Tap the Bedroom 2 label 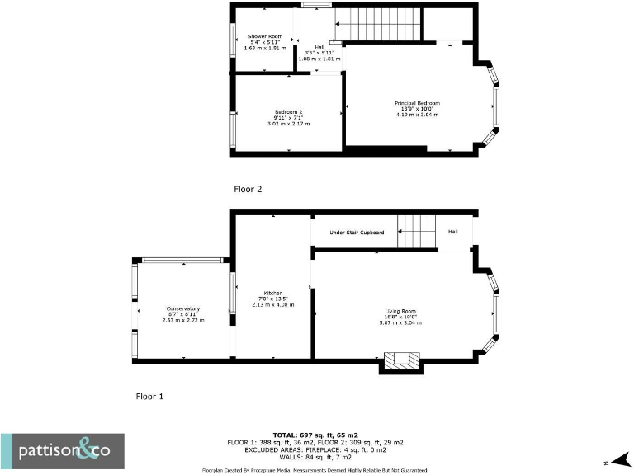(x=288, y=111)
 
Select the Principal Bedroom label (x=417, y=103)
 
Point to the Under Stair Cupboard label (x=357, y=233)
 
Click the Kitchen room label (x=273, y=293)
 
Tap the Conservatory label (x=182, y=308)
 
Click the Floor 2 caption (x=248, y=189)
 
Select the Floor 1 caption (x=149, y=397)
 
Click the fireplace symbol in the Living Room (x=400, y=360)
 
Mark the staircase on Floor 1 (x=417, y=230)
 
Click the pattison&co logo (x=63, y=451)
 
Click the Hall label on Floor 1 (x=453, y=233)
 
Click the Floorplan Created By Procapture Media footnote (x=315, y=470)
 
